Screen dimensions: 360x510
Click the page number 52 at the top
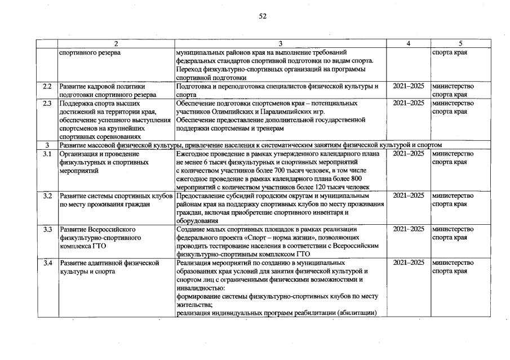[x=263, y=16]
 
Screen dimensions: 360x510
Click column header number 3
[x=281, y=44]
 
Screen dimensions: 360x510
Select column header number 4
[x=409, y=44]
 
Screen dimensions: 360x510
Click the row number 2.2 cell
[x=47, y=86]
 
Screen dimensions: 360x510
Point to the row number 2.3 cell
[x=47, y=103]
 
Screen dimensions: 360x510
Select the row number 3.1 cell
[x=47, y=154]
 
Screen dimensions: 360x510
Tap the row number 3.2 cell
[x=47, y=195]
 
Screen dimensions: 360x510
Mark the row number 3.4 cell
[x=47, y=263]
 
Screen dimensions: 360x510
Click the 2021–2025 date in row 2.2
[x=409, y=86]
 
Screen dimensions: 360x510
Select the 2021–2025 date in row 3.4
[x=409, y=263]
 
